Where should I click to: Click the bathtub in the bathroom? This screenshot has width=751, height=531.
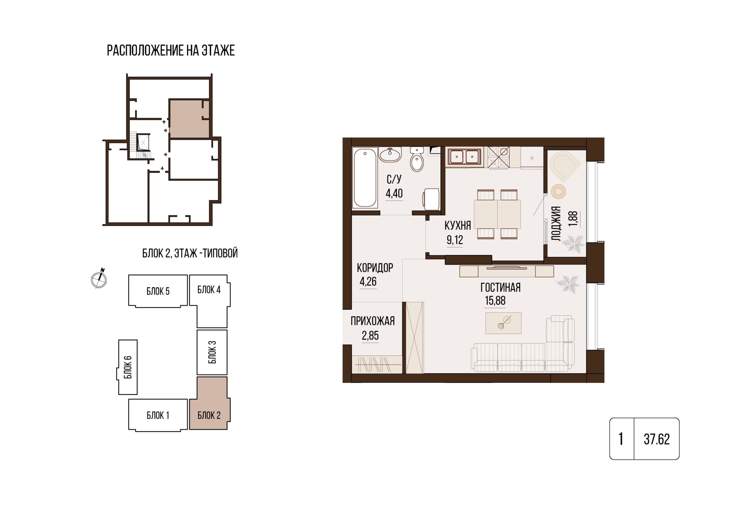click(x=365, y=178)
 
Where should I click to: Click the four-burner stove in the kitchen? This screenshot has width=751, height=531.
click(x=499, y=157)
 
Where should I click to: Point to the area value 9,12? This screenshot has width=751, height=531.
click(x=455, y=240)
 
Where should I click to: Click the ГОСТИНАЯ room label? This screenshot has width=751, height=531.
click(x=500, y=288)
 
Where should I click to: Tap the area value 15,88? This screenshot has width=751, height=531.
click(x=495, y=301)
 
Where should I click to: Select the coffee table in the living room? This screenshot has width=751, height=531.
click(x=503, y=323)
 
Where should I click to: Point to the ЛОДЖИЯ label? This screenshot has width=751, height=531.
click(x=556, y=224)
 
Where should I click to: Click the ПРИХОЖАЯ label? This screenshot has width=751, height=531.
click(x=373, y=321)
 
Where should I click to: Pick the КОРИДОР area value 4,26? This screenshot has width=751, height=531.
click(x=368, y=282)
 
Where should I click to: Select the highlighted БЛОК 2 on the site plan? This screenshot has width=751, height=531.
click(x=209, y=403)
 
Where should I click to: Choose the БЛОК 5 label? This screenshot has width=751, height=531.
click(x=158, y=291)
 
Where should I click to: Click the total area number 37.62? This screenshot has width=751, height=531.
click(x=657, y=439)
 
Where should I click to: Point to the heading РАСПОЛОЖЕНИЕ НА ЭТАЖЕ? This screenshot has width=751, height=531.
click(x=171, y=51)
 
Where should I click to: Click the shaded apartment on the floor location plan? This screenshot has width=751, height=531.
click(x=189, y=119)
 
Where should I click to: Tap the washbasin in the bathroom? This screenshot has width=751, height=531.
click(x=390, y=155)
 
